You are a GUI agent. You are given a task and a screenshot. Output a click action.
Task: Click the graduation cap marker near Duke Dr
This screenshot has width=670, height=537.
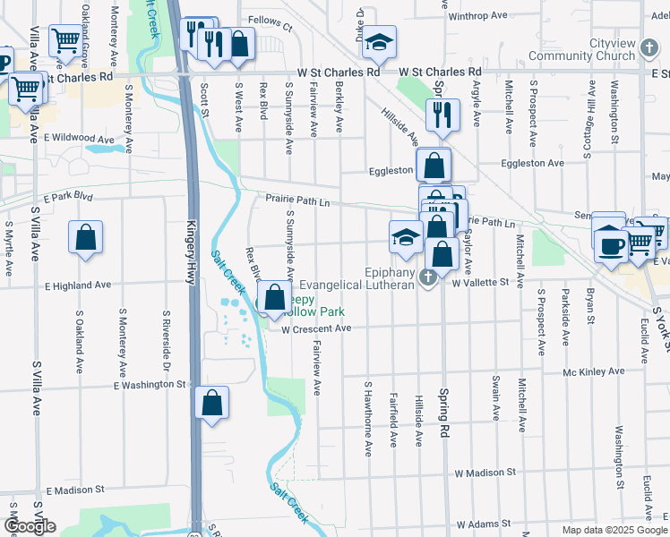click(379, 42)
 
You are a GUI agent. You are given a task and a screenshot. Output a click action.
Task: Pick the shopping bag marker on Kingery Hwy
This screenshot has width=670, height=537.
click(211, 404)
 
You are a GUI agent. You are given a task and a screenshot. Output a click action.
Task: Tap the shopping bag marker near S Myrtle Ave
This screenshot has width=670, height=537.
click(85, 238)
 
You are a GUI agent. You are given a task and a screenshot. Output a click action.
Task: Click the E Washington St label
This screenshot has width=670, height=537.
click(149, 385)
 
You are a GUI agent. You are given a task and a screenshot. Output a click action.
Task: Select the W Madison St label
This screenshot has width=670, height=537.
click(488, 473)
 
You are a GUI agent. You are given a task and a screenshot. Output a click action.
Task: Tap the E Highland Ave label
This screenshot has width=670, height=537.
click(78, 286)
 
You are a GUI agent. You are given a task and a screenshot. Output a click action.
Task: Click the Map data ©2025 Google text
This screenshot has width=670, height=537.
click(614, 531)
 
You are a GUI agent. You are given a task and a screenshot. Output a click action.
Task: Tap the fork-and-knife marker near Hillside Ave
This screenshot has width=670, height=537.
click(442, 114)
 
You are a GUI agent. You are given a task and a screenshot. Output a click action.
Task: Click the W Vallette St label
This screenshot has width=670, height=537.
click(486, 283)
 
